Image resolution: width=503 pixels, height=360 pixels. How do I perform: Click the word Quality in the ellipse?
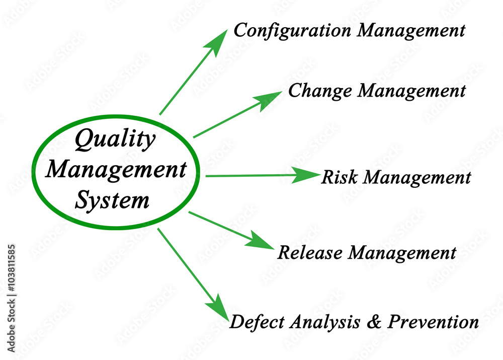(115, 140)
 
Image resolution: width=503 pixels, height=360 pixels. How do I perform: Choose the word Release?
(311, 252)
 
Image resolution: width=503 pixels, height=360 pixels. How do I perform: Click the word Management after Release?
(402, 253)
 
